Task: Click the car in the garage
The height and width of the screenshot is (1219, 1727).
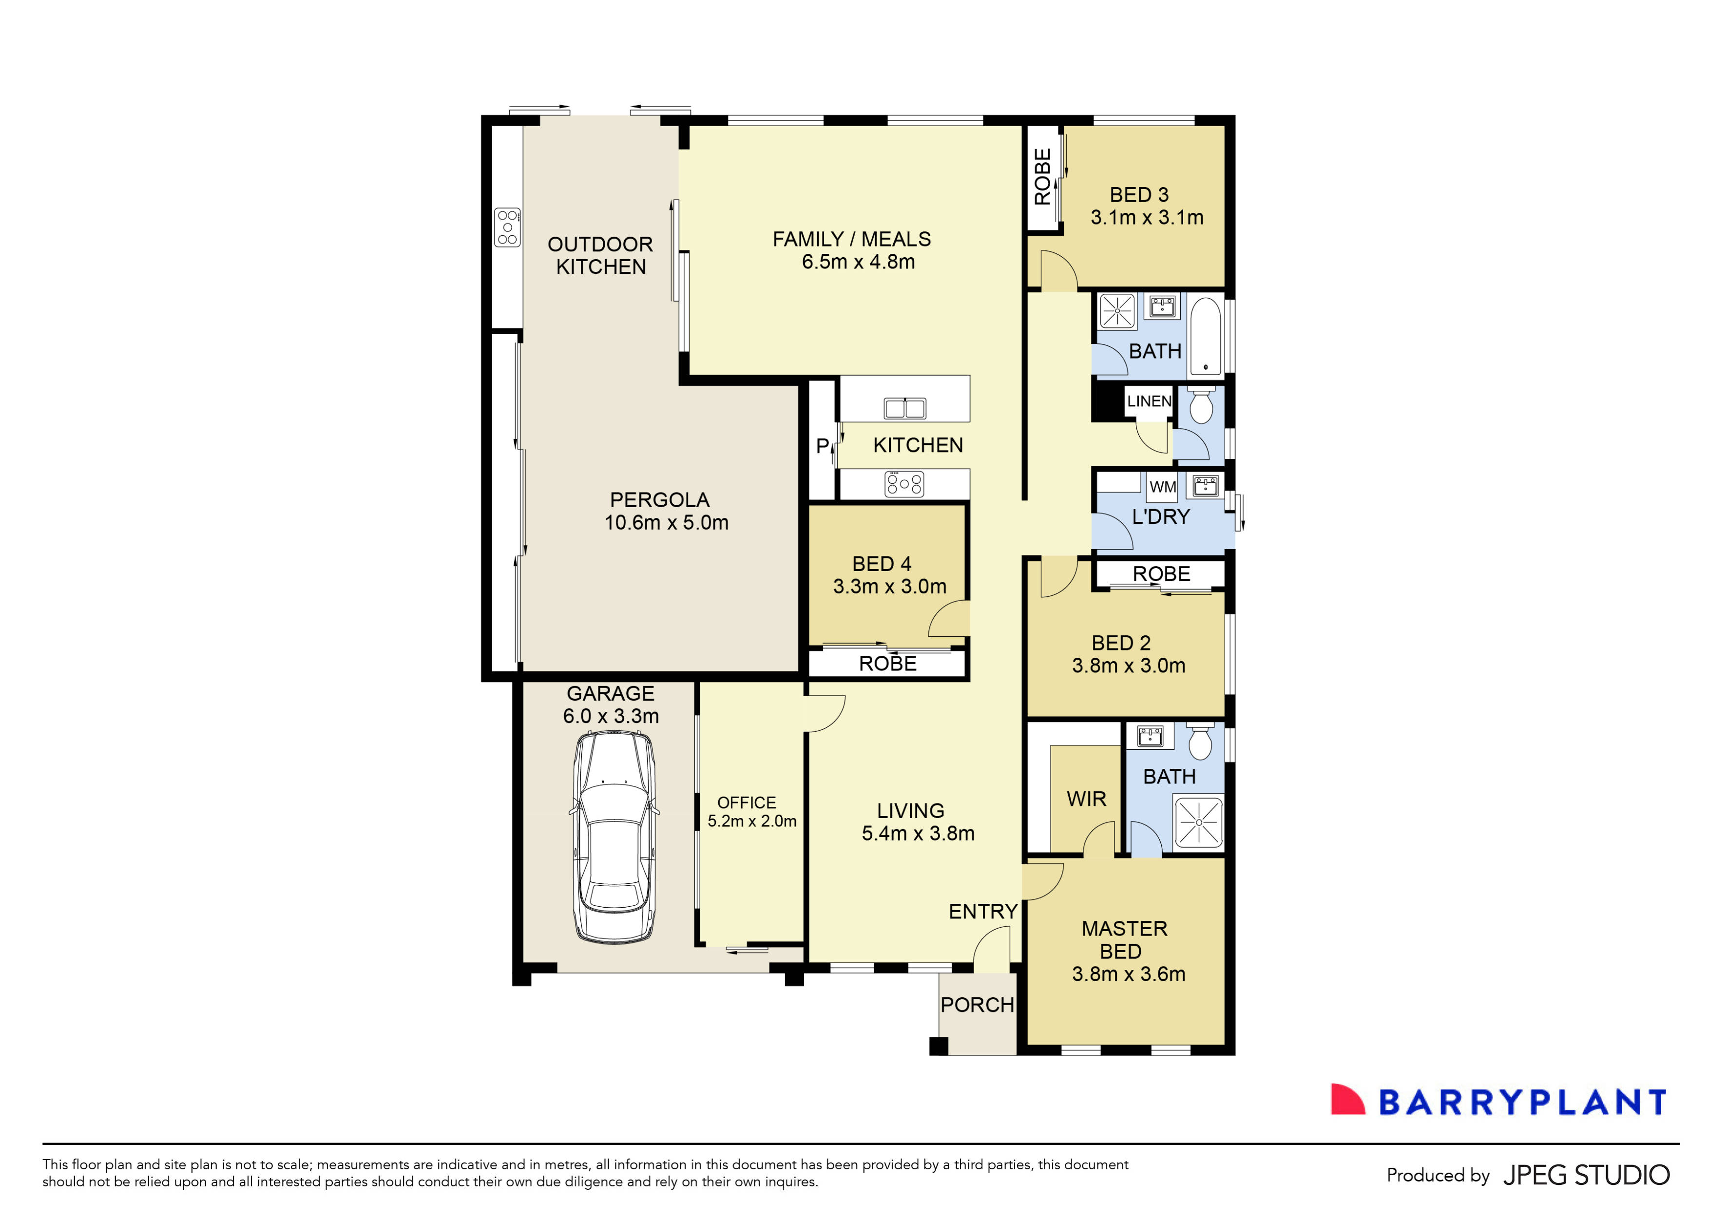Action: [614, 836]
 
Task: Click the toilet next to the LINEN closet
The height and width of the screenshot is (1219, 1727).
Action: [1201, 406]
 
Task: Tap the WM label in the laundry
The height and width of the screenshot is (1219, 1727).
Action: [1162, 487]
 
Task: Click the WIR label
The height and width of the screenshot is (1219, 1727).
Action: [1086, 799]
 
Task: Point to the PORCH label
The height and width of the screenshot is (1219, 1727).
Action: [977, 1005]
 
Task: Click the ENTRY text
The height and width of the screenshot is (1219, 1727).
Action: [982, 912]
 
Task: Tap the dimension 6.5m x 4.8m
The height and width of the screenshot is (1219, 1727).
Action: [858, 262]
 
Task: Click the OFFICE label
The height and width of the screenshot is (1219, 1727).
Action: [746, 802]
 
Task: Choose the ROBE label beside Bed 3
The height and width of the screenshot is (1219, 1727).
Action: [1042, 177]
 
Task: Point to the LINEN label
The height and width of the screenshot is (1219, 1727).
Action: [1149, 401]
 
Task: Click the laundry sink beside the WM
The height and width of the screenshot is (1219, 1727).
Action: [1205, 485]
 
